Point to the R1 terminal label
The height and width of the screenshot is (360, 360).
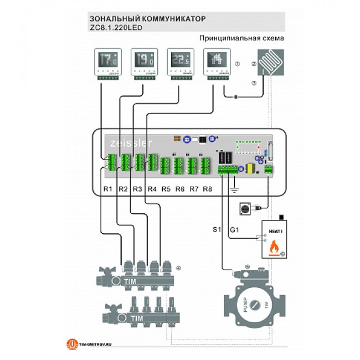point(108,189)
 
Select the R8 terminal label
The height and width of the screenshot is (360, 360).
point(208,189)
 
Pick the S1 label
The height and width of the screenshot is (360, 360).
point(217,228)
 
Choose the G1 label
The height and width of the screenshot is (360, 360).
point(234,228)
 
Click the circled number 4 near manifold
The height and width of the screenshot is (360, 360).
point(178,269)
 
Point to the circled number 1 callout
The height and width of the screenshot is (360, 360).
point(237,64)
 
